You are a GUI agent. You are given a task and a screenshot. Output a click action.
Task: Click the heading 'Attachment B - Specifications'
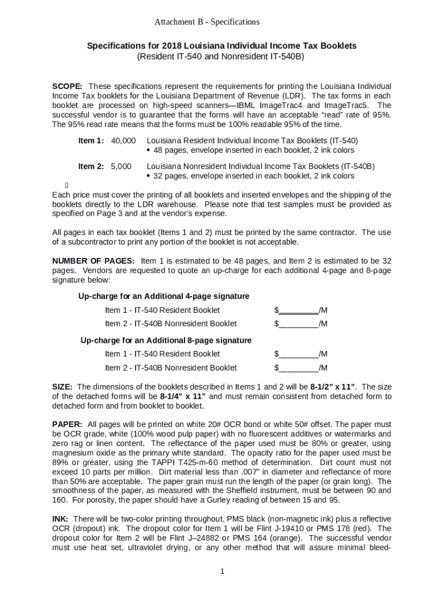pos(207,22)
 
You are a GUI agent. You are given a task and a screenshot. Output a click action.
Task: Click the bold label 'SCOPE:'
pos(67,86)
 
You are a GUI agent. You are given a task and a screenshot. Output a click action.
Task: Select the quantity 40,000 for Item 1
pos(123,140)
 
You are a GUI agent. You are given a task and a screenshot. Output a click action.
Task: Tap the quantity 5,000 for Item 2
pos(121,166)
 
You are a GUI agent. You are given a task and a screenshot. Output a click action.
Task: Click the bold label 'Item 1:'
pos(91,140)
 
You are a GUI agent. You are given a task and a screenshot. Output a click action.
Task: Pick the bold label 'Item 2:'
pos(91,166)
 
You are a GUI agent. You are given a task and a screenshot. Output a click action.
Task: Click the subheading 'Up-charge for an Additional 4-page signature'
pos(164,296)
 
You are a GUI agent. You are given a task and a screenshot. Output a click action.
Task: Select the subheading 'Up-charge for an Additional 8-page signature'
pos(165,340)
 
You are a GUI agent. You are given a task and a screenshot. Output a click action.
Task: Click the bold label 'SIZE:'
pos(62,387)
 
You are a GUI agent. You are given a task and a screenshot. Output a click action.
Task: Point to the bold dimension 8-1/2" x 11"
pos(333,387)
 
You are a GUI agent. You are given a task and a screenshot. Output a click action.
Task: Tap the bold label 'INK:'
pos(61,519)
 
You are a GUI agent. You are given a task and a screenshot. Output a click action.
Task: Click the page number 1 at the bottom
pos(222,572)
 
